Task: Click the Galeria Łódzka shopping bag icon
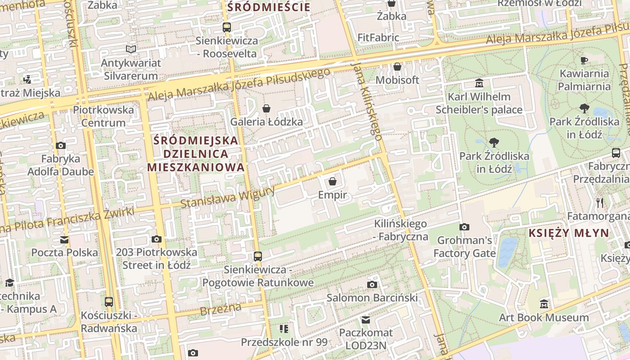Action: pyautogui.click(x=266, y=108)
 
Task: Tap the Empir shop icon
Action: pyautogui.click(x=333, y=181)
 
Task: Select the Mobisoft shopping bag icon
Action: pyautogui.click(x=397, y=67)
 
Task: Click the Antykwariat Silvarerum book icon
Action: pyautogui.click(x=131, y=49)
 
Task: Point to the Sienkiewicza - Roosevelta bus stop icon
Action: pyautogui.click(x=227, y=27)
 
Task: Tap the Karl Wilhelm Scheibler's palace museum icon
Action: pyautogui.click(x=479, y=83)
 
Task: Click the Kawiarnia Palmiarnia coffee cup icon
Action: pyautogui.click(x=584, y=60)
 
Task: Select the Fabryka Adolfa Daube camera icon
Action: pyautogui.click(x=60, y=145)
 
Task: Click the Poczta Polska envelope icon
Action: pyautogui.click(x=64, y=239)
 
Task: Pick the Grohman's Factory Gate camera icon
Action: pyautogui.click(x=464, y=227)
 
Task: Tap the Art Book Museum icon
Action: pyautogui.click(x=544, y=304)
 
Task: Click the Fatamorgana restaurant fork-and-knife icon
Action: pyautogui.click(x=599, y=203)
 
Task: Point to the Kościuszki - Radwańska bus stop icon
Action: pyautogui.click(x=109, y=301)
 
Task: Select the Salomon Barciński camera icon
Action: pyautogui.click(x=372, y=284)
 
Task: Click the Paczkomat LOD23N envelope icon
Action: pyautogui.click(x=366, y=320)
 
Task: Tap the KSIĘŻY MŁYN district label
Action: pyautogui.click(x=569, y=233)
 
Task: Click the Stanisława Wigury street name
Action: pyautogui.click(x=227, y=198)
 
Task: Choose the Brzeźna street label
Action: pyautogui.click(x=220, y=310)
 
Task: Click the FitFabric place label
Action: pyautogui.click(x=378, y=37)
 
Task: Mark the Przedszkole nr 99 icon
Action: pyautogui.click(x=283, y=329)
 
